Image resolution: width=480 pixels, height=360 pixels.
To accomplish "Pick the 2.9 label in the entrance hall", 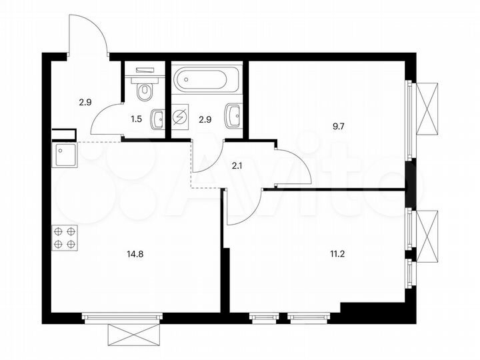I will pos(85,102).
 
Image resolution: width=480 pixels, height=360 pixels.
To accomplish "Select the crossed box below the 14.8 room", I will pos(135,333).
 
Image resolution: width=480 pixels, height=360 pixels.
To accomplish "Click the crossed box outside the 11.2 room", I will pos(426,233).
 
